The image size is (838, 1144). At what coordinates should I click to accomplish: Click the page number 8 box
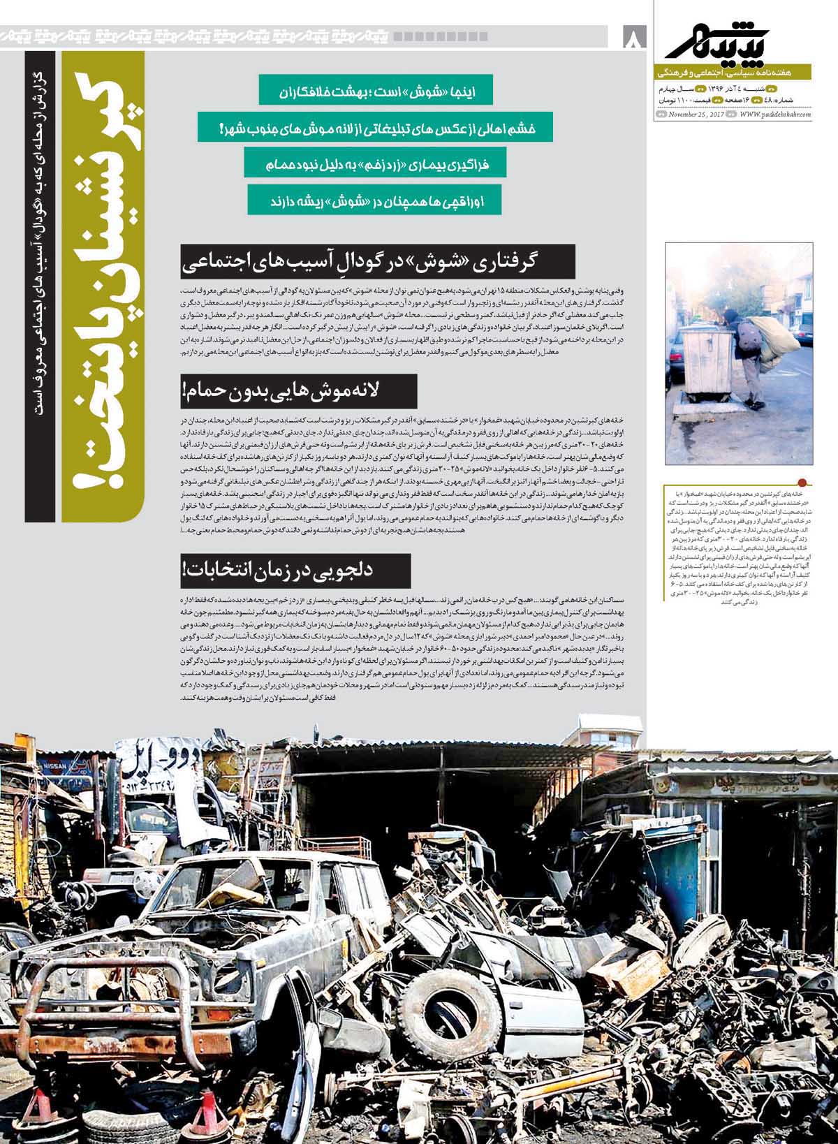tap(634, 37)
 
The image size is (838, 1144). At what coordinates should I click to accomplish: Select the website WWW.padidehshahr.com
tap(775, 115)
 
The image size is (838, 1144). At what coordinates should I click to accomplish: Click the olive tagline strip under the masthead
tap(733, 73)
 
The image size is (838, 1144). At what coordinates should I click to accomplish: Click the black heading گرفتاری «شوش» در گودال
tap(377, 262)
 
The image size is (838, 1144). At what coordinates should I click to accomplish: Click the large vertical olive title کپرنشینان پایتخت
tap(101, 286)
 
